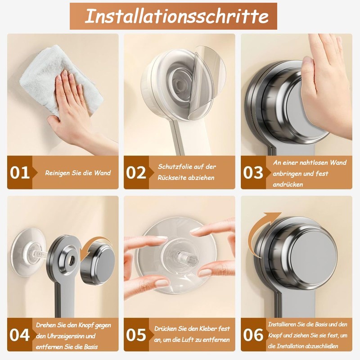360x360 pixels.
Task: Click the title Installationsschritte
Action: [176, 16]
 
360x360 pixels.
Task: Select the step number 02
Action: [136, 173]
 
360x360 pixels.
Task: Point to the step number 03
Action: [254, 173]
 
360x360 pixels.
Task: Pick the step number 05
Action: [136, 335]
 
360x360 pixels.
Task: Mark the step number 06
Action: [254, 335]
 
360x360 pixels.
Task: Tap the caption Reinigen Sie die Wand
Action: [77, 173]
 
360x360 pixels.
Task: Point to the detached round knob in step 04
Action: [99, 261]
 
